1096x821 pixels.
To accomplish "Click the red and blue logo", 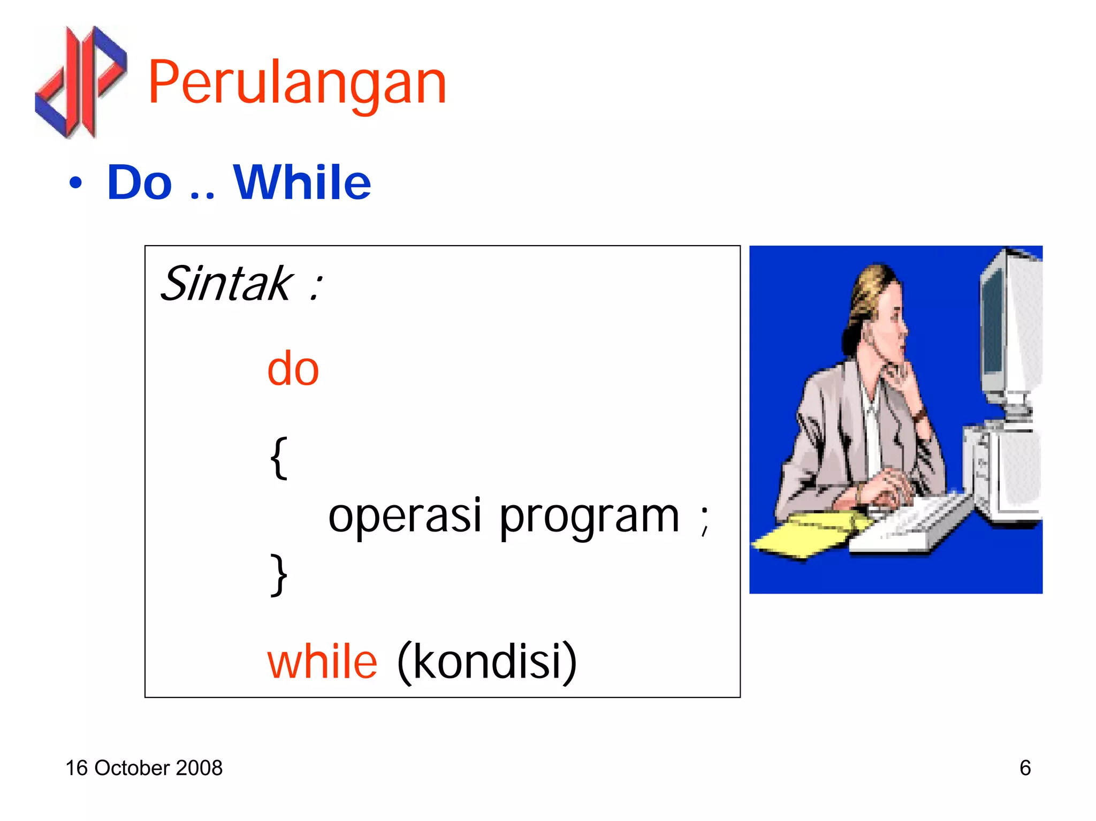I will coord(80,81).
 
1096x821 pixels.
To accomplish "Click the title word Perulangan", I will coord(297,83).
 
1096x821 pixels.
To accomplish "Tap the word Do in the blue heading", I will coord(139,183).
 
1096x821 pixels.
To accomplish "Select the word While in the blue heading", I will coord(302,183).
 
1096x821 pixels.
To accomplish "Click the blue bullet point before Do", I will coord(76,183).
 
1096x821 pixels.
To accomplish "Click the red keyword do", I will coord(293,369).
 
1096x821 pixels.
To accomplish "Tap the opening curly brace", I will coord(278,458).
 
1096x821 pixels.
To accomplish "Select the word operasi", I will coord(405,516).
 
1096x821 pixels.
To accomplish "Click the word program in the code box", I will coord(589,517).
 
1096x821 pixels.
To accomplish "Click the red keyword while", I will coord(322,662).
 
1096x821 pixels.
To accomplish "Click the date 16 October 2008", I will coord(143,768).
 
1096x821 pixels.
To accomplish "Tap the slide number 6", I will coord(1025,768).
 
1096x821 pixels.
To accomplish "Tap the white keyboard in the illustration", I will coord(910,524).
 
